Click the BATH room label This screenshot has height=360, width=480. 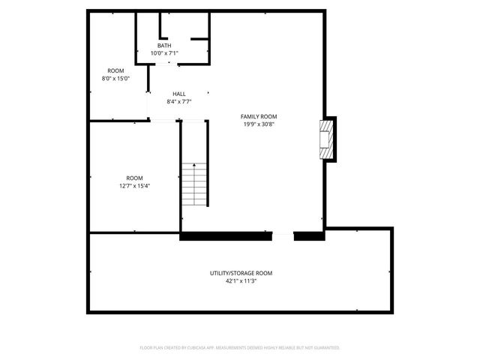[163, 46]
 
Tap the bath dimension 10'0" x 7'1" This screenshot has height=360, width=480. [163, 53]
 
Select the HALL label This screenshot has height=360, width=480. [179, 94]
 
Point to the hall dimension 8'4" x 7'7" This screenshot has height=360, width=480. [179, 101]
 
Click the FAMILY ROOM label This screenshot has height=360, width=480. [259, 116]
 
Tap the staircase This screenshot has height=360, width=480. [194, 186]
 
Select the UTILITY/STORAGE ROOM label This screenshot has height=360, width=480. [241, 273]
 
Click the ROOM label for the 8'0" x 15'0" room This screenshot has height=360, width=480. [115, 70]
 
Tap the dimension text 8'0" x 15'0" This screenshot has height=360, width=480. [115, 78]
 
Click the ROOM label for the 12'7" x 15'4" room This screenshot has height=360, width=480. [134, 178]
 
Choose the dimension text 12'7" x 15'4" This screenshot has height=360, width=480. [134, 186]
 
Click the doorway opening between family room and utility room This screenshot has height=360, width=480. [283, 236]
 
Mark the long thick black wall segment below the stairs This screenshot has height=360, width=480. [226, 236]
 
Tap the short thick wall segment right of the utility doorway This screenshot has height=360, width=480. [308, 236]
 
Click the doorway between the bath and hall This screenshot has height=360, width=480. [164, 64]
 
